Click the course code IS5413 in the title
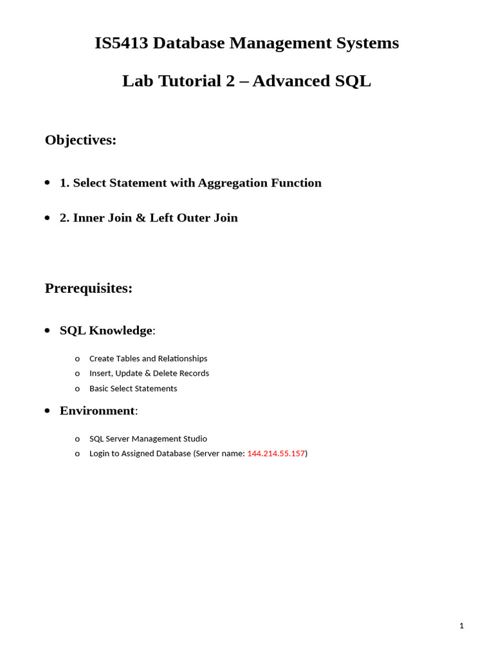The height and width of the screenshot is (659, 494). click(x=122, y=43)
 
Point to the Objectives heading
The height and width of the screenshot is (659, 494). click(x=80, y=140)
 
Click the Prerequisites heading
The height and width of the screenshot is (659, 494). click(x=88, y=288)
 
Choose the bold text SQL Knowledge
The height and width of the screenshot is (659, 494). click(x=106, y=330)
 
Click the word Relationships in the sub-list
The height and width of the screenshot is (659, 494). click(x=183, y=358)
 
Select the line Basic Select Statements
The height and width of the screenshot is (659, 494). click(x=133, y=389)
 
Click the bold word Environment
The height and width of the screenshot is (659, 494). click(x=97, y=411)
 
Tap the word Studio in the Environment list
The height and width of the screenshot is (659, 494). click(x=195, y=439)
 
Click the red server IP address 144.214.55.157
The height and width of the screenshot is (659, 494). click(x=276, y=454)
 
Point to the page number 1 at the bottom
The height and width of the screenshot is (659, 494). click(x=461, y=626)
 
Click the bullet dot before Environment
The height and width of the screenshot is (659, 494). click(x=47, y=411)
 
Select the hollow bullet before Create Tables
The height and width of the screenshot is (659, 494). click(x=77, y=359)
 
